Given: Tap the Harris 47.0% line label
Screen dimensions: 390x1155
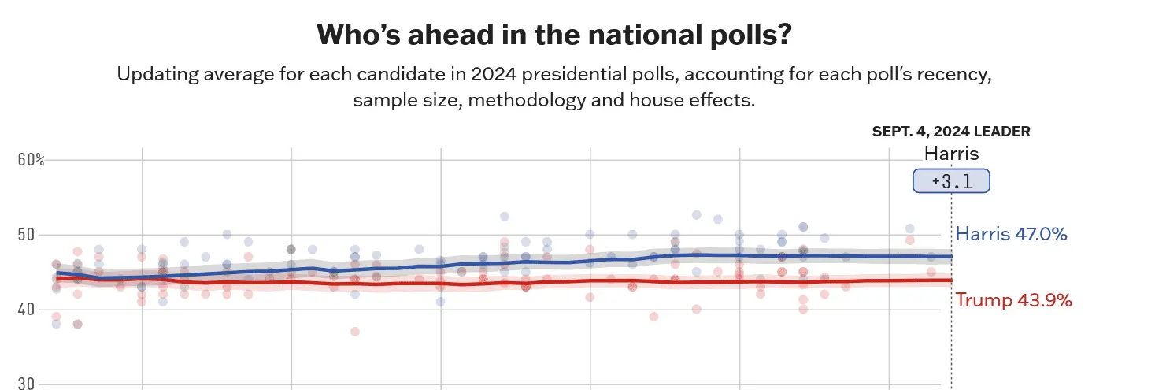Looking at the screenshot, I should click(1011, 234).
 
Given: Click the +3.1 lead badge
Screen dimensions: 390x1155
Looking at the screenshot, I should click(950, 181).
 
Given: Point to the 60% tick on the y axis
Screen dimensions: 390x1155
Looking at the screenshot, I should click(31, 160).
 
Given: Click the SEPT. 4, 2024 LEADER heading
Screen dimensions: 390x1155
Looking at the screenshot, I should click(950, 132).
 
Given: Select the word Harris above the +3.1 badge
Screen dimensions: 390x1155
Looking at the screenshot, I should click(951, 154).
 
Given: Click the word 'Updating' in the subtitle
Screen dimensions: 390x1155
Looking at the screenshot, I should click(153, 76).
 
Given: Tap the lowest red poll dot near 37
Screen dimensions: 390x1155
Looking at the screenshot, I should click(355, 332).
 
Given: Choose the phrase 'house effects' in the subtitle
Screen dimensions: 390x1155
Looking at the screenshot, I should click(698, 102).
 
